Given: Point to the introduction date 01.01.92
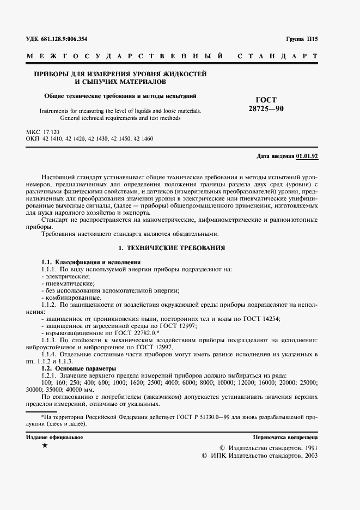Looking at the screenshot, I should [x=307, y=156].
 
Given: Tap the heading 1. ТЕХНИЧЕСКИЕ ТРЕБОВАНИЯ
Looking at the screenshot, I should [x=172, y=247].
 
